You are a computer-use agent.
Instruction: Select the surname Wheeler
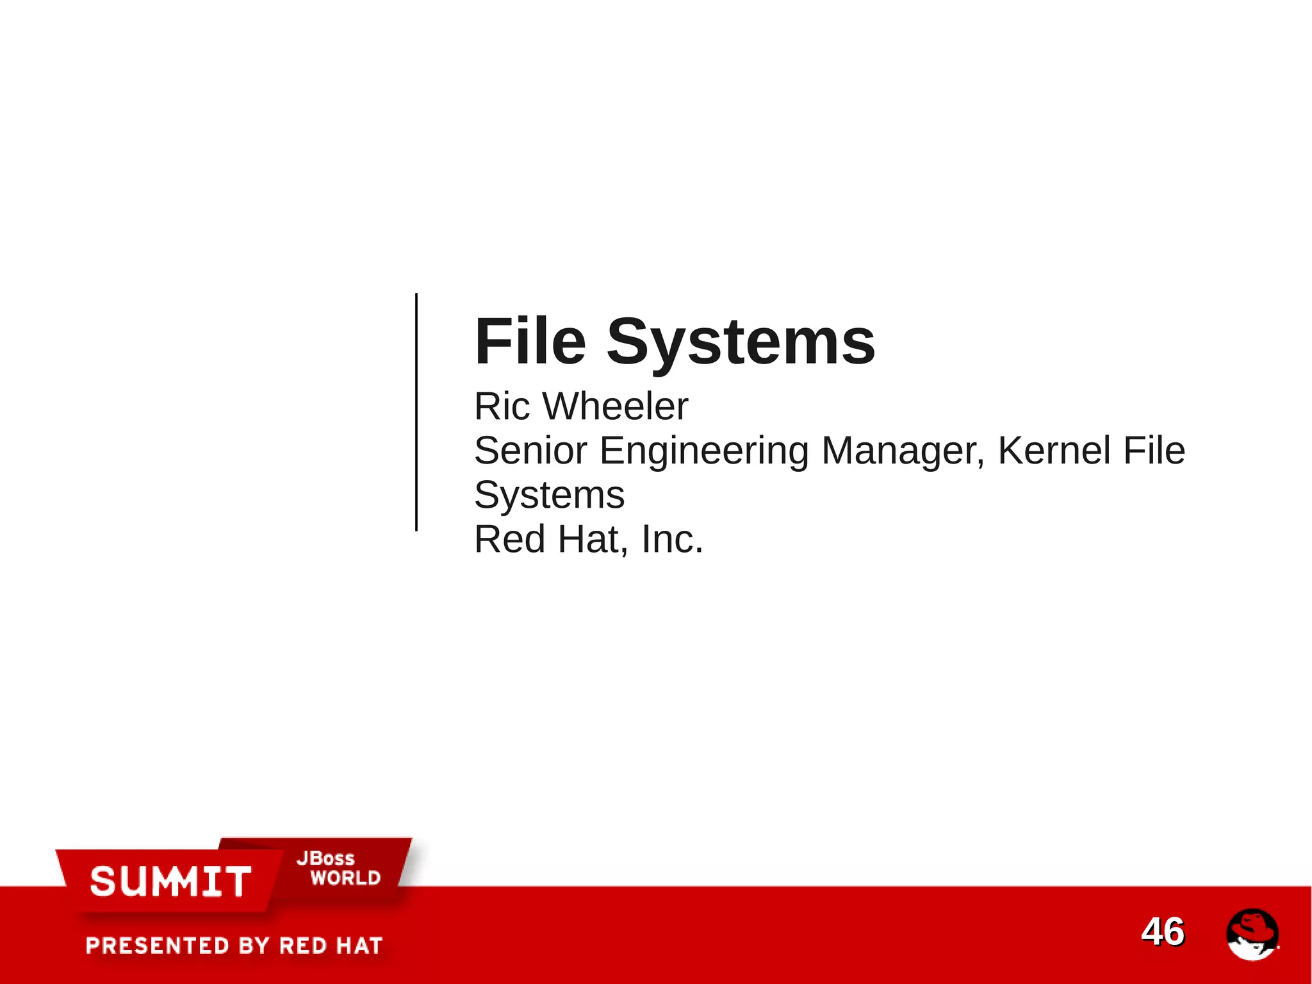tap(615, 406)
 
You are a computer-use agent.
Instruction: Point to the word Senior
tap(530, 451)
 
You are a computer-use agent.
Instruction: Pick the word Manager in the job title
tap(902, 451)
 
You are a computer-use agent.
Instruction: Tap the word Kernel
tap(1054, 451)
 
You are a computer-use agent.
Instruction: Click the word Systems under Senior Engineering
tap(549, 496)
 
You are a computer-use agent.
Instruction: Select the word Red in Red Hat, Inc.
tap(509, 539)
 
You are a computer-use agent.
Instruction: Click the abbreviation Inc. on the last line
tap(672, 539)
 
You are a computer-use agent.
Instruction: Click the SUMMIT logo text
tap(170, 881)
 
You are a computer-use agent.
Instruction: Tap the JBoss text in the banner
tap(325, 858)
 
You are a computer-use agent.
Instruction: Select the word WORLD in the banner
tap(345, 878)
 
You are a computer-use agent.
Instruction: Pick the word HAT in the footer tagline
tap(357, 946)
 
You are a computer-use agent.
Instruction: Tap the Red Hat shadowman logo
tap(1252, 934)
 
